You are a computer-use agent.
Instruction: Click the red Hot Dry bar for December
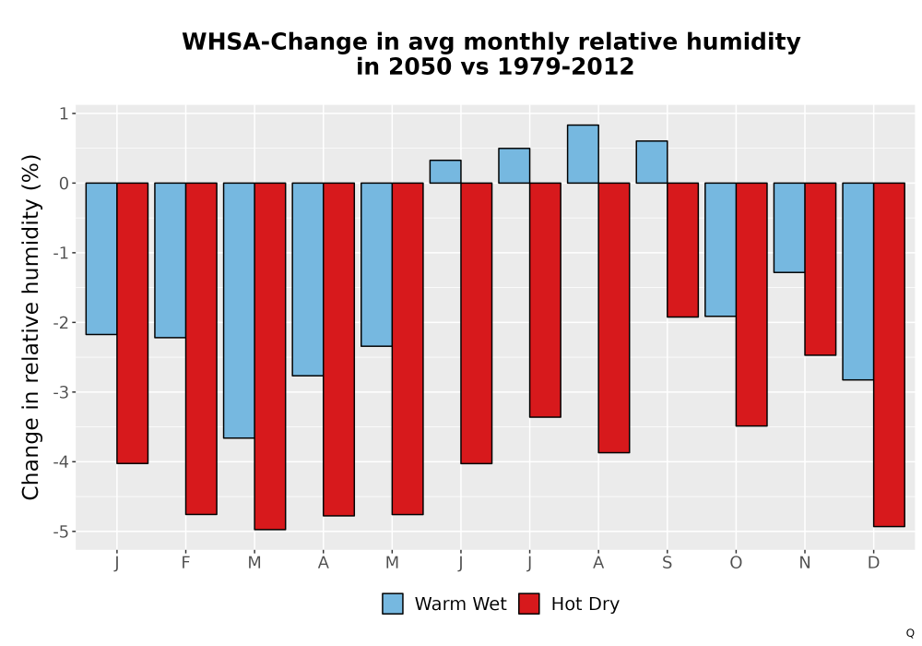tap(889, 354)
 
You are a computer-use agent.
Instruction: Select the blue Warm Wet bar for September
tap(652, 161)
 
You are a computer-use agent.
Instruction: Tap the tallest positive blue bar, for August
tap(583, 154)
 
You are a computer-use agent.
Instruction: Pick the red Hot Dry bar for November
tap(821, 269)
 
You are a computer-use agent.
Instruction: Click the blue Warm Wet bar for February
tap(170, 260)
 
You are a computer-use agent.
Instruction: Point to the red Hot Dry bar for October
tap(751, 305)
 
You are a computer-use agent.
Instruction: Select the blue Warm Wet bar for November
tap(789, 228)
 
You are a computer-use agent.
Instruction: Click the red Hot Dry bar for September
tap(682, 250)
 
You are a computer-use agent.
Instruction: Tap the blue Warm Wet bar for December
tap(857, 281)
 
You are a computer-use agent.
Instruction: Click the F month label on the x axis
tap(185, 563)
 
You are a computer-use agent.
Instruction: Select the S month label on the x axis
tap(667, 563)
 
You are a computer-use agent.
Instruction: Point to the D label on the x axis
tap(873, 563)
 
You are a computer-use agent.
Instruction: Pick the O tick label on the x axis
tap(736, 563)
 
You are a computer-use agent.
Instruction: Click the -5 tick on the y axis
tap(61, 532)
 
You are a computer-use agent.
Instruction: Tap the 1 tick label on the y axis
tap(65, 114)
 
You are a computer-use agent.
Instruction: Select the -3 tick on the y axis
tap(61, 392)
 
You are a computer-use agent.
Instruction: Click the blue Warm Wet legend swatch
tap(393, 604)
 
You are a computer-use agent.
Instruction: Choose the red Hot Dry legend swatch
tap(529, 604)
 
